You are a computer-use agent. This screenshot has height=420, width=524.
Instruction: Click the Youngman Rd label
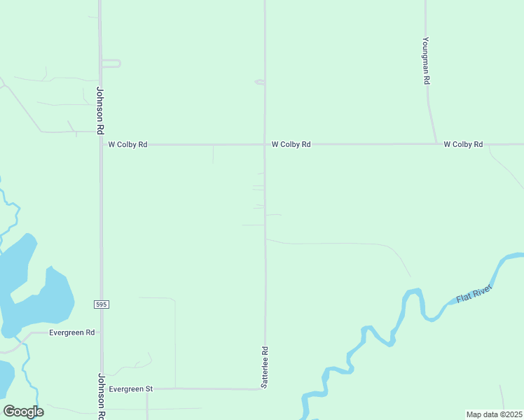pyautogui.click(x=426, y=61)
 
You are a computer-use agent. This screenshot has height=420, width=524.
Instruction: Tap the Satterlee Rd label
pyautogui.click(x=265, y=367)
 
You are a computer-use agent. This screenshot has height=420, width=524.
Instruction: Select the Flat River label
pyautogui.click(x=474, y=294)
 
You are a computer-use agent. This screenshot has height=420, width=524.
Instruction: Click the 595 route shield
pyautogui.click(x=101, y=304)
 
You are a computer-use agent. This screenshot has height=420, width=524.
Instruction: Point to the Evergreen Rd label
pyautogui.click(x=71, y=333)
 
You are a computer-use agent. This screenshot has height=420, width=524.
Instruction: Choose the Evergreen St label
pyautogui.click(x=131, y=388)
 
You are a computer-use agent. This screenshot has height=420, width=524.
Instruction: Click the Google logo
pyautogui.click(x=23, y=412)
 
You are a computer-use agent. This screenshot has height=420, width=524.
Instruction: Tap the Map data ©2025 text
pyautogui.click(x=494, y=414)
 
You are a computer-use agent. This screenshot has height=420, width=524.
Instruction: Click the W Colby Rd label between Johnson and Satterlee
pyautogui.click(x=127, y=145)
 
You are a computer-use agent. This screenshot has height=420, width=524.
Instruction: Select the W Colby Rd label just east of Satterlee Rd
pyautogui.click(x=291, y=145)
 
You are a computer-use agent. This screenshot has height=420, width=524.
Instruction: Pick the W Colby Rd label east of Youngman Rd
pyautogui.click(x=463, y=145)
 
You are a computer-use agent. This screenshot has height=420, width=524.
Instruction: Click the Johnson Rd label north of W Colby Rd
pyautogui.click(x=100, y=110)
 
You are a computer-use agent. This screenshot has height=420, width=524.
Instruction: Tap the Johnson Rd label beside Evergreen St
pyautogui.click(x=101, y=396)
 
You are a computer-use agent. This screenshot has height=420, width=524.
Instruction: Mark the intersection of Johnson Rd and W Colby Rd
pyautogui.click(x=100, y=145)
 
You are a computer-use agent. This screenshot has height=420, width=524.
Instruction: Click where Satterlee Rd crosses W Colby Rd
pyautogui.click(x=265, y=145)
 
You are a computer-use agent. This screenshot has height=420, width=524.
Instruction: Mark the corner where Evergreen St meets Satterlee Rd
pyautogui.click(x=265, y=388)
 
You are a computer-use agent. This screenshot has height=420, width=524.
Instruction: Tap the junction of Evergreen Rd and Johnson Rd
pyautogui.click(x=101, y=333)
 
